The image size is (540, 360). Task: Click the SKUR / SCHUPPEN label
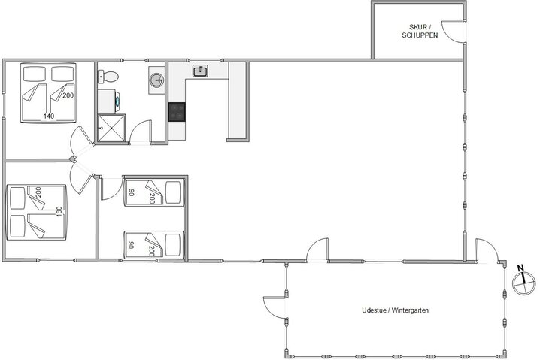point(420,31)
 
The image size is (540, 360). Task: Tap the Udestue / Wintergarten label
point(395,310)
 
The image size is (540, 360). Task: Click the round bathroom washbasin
point(156,80)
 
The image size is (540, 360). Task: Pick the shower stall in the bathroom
point(111,128)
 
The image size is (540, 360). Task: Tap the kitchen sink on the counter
point(200,71)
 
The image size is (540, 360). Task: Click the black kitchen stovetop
point(177,112)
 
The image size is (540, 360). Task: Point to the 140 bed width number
point(49,116)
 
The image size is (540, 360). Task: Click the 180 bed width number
point(59,211)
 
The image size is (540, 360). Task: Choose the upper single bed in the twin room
point(153,192)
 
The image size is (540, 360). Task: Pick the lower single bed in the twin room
point(153,244)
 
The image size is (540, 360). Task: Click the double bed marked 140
point(48,92)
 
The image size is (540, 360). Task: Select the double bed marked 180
point(37,212)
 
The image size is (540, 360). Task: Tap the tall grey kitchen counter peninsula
point(237,101)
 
